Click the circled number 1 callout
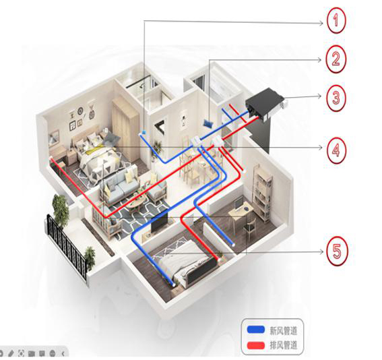click(336, 20)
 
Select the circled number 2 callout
click(336, 59)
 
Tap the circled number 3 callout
click(336, 98)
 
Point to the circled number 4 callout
click(336, 150)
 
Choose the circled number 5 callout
click(337, 251)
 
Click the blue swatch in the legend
click(255, 330)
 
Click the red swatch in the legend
click(255, 345)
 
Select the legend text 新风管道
click(284, 330)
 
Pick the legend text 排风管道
click(284, 345)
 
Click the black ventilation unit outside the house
click(264, 104)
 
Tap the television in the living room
click(159, 222)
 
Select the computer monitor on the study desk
click(238, 203)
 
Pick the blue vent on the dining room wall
click(208, 123)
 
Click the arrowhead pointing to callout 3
click(320, 96)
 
